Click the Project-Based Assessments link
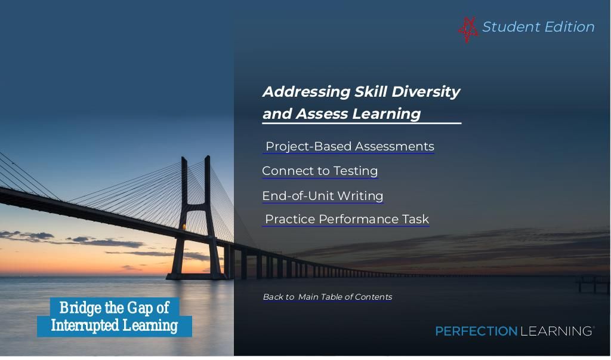[x=350, y=146]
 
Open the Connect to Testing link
[x=320, y=171]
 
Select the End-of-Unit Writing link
[x=323, y=196]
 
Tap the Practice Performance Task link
[x=347, y=219]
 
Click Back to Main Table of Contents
[x=328, y=297]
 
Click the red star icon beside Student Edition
[x=468, y=29]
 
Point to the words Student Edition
[x=539, y=27]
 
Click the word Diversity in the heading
[x=426, y=92]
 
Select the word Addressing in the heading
[x=307, y=92]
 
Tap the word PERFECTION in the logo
[x=476, y=331]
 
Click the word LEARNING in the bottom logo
[x=556, y=331]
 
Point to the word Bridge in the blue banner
[x=81, y=308]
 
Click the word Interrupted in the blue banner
[x=85, y=325]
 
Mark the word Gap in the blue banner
[x=140, y=308]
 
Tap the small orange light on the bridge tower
[x=184, y=227]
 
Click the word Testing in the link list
[x=356, y=171]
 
